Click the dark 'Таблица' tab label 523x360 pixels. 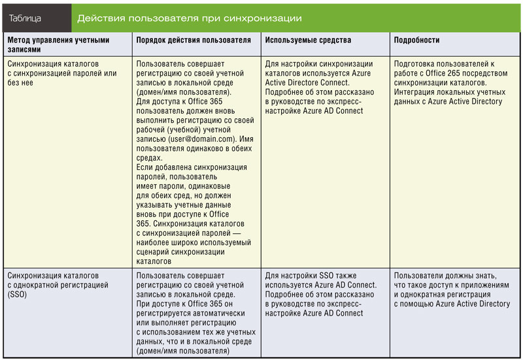pyautogui.click(x=25, y=18)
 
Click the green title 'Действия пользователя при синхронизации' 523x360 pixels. pyautogui.click(x=190, y=18)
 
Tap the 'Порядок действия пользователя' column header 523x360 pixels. pyautogui.click(x=194, y=41)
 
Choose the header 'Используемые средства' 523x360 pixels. pyautogui.click(x=308, y=41)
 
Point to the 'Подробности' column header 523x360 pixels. pyautogui.click(x=416, y=41)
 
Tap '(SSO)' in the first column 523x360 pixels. pyautogui.click(x=16, y=295)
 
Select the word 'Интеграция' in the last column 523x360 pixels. pyautogui.click(x=418, y=92)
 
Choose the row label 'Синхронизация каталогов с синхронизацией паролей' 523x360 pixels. pyautogui.click(x=62, y=69)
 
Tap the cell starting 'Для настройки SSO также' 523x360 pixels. pyautogui.click(x=320, y=294)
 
